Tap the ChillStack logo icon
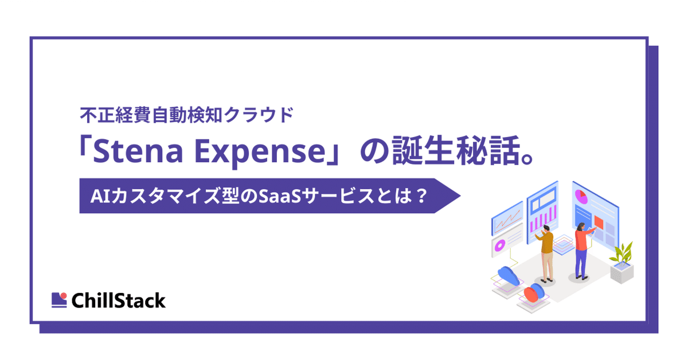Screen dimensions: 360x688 point(59,299)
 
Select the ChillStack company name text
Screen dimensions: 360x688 point(119,300)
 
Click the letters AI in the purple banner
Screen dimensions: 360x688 point(97,197)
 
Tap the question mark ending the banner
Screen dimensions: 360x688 point(422,197)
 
